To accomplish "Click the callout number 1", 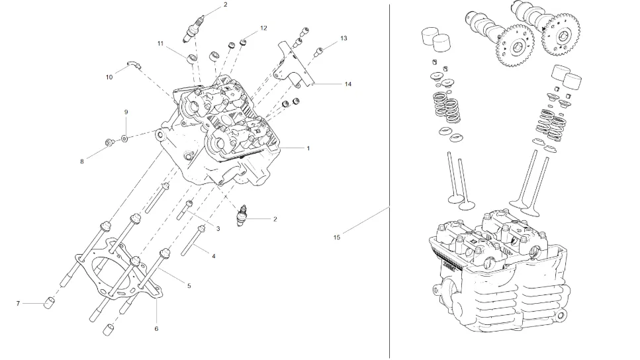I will (x=308, y=148).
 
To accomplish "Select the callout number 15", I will (x=337, y=237).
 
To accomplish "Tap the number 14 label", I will (x=347, y=84).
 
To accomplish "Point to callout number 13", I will (x=343, y=38).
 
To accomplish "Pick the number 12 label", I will (x=263, y=28).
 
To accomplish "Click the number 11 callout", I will (x=160, y=43).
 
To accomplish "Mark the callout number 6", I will (x=156, y=329).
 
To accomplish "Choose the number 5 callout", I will (x=189, y=286).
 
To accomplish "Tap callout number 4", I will (x=213, y=255).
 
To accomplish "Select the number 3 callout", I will (x=218, y=229).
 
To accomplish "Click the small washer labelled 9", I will (x=124, y=140).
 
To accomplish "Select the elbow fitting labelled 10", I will (x=133, y=64).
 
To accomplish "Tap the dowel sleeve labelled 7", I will (x=48, y=304).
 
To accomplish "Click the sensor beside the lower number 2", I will (x=245, y=216).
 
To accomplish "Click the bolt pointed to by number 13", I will (x=319, y=50).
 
